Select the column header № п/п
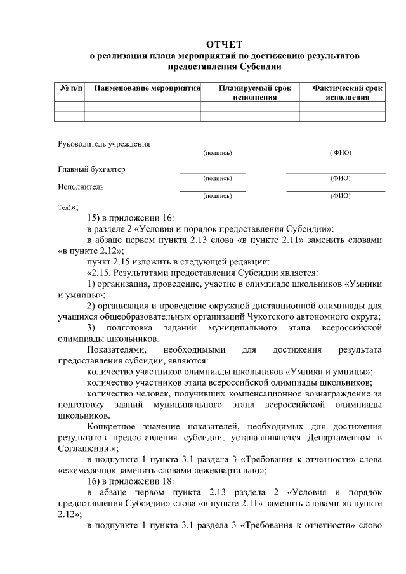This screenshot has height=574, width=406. tap(70, 88)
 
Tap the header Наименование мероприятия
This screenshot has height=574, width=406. tap(143, 88)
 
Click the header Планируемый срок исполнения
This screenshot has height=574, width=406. tap(249, 93)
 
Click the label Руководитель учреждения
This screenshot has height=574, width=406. tap(104, 144)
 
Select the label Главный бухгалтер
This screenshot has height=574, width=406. tap(91, 169)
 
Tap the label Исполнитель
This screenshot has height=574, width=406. tap(81, 186)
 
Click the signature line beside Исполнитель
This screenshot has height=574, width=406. tap(213, 190)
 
